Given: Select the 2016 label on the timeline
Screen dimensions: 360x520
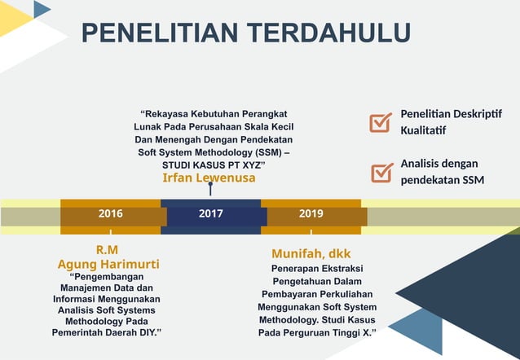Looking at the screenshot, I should point(111,214).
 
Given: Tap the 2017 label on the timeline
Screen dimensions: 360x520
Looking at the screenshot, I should point(211,214).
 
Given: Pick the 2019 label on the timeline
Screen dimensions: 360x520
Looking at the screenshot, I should point(311,214).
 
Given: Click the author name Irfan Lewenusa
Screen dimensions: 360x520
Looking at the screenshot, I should point(209,178).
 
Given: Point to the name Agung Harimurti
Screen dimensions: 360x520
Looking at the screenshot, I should point(108,265).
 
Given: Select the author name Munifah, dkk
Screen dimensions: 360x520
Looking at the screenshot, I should point(311,253).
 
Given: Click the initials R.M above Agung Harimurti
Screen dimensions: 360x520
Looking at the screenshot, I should point(108,250).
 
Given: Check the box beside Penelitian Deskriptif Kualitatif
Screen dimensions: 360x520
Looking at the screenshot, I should point(381,122).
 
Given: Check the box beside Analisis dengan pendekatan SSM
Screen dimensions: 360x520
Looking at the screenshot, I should point(381,172).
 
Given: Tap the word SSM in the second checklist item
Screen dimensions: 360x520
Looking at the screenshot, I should point(474,179).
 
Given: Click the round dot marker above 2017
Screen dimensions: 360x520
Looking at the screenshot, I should point(210,185).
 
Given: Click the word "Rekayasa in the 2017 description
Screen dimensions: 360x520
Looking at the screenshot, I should point(166,113).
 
